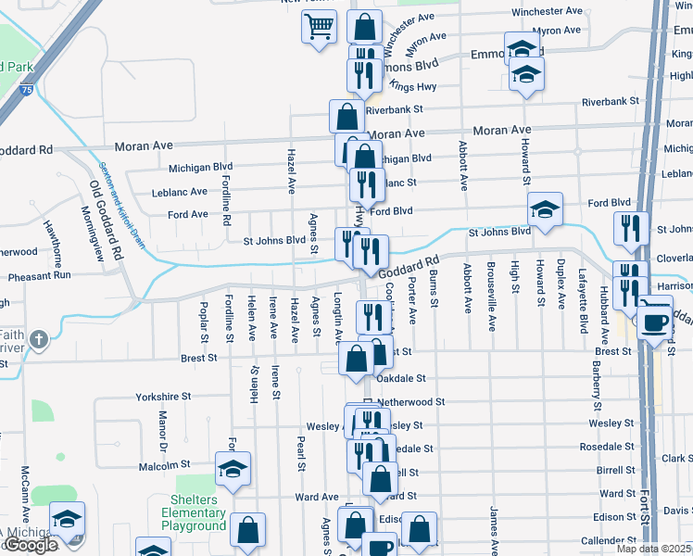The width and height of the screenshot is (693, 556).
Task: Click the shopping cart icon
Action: pyautogui.click(x=319, y=27)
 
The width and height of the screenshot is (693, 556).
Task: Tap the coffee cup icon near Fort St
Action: pyautogui.click(x=657, y=323)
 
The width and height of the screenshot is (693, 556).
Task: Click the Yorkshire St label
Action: pyautogui.click(x=162, y=396)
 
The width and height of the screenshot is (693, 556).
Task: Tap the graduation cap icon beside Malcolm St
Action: pyautogui.click(x=233, y=469)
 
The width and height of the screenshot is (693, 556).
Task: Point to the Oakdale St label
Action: pyautogui.click(x=401, y=378)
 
